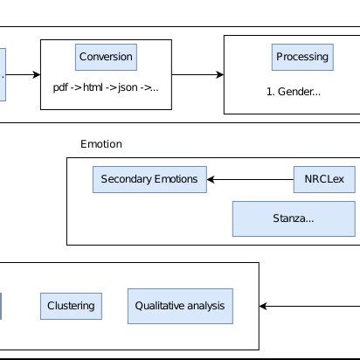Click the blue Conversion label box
pos(106,57)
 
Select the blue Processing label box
pos(301,57)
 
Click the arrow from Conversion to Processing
pos(197,74)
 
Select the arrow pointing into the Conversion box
pos(24,74)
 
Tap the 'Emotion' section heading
pos(100,144)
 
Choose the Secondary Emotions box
pos(149,180)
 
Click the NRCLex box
pos(324,180)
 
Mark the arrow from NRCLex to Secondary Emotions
pos(250,180)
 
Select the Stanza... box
pos(294,218)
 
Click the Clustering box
pos(71,306)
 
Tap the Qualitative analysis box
pos(180,306)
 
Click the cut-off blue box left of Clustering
pos(1,306)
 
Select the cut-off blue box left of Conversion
pos(3,74)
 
